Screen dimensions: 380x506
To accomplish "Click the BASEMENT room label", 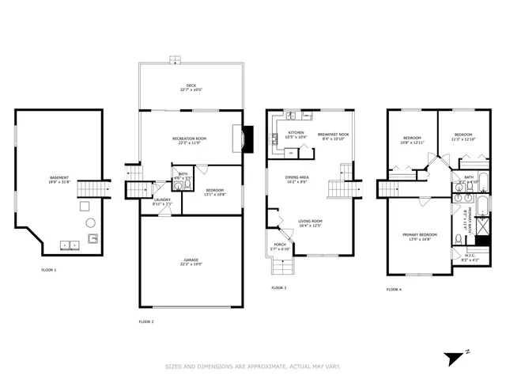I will [x=59, y=177].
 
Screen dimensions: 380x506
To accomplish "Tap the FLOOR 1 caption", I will [x=49, y=270].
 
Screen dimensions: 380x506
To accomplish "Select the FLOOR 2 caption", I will [x=146, y=321].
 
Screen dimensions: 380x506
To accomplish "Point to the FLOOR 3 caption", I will [x=278, y=287].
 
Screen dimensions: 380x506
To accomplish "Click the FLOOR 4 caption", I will [x=394, y=290].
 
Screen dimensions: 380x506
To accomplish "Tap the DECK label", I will [x=190, y=85].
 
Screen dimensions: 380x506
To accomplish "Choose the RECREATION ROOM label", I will [x=189, y=139].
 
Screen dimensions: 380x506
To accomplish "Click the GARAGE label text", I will [x=189, y=259].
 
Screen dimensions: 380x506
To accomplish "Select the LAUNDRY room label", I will [x=162, y=199].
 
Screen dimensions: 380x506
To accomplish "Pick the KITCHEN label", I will [x=296, y=132].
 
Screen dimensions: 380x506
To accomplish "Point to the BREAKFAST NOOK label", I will [x=333, y=134].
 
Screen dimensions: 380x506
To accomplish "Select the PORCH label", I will [x=281, y=245].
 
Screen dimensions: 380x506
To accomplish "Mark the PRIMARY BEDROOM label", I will [x=420, y=234].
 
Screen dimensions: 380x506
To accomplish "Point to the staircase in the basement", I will [x=96, y=188].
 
